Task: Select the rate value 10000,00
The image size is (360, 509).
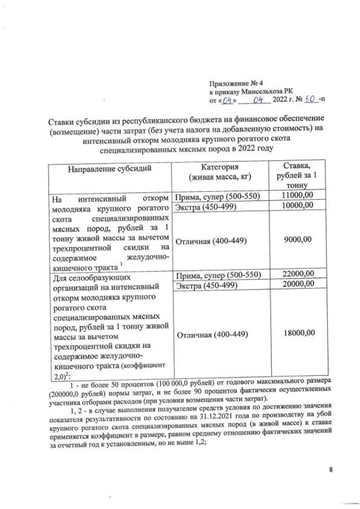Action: [x=296, y=205]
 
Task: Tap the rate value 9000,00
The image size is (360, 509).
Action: [x=296, y=239]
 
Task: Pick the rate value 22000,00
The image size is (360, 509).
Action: [x=296, y=273]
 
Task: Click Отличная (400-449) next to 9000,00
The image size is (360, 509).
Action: [x=212, y=241]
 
